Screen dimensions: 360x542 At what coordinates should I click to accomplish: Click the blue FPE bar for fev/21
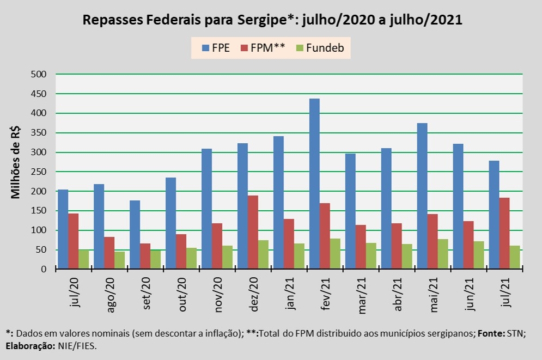pyautogui.click(x=314, y=184)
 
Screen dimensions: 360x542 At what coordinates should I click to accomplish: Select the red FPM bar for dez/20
pyautogui.click(x=253, y=232)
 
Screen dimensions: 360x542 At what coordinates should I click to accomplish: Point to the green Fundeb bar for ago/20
pyautogui.click(x=120, y=260)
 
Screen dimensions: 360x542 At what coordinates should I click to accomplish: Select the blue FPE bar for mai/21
pyautogui.click(x=422, y=196)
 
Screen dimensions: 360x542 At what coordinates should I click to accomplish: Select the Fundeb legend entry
pyautogui.click(x=320, y=47)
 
